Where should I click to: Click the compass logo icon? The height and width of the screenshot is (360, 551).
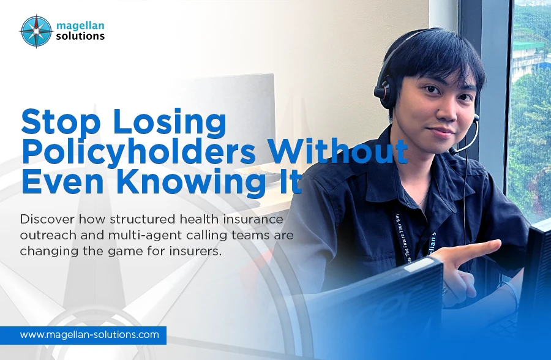[x=36, y=31]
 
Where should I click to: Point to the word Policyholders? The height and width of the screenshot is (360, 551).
[x=137, y=151]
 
